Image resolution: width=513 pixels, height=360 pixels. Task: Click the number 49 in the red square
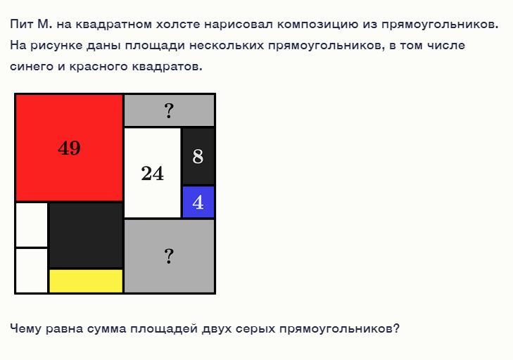(x=69, y=148)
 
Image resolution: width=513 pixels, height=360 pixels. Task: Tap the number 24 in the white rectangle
(x=153, y=173)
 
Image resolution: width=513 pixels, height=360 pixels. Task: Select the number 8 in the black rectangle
(x=198, y=156)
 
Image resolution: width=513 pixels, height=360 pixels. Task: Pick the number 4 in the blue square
(x=198, y=202)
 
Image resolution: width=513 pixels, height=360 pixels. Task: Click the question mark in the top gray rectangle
(x=169, y=111)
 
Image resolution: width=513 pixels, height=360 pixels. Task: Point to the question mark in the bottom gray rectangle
(x=169, y=256)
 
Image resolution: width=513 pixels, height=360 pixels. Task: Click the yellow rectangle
(x=86, y=281)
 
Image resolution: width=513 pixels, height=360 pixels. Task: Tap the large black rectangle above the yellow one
(x=86, y=236)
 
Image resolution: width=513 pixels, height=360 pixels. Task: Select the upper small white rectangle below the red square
(x=32, y=224)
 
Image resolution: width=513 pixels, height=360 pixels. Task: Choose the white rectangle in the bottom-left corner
(x=32, y=271)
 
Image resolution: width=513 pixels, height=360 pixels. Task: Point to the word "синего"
(x=32, y=67)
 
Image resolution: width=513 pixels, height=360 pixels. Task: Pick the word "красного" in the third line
(x=99, y=67)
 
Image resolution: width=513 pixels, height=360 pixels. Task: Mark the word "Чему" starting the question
(x=25, y=328)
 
